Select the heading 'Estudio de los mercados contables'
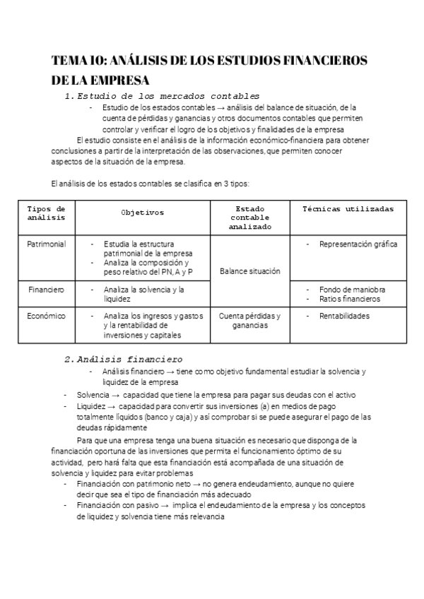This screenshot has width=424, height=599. point(167,96)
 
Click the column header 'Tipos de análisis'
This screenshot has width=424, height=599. point(46,213)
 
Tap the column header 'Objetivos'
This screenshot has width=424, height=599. point(142,212)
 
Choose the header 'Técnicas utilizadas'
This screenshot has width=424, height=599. point(348,208)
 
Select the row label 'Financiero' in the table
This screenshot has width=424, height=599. point(46,290)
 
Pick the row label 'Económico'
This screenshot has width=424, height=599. point(46,316)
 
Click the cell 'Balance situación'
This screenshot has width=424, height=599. point(249,271)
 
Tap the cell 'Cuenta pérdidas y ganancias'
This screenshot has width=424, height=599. point(249,321)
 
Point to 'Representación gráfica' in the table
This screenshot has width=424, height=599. point(358,244)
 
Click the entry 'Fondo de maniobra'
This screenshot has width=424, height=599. point(352,290)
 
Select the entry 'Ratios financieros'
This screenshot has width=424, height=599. point(349,299)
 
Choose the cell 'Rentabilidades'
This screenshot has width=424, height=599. point(344,316)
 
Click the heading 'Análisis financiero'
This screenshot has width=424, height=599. point(129,359)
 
